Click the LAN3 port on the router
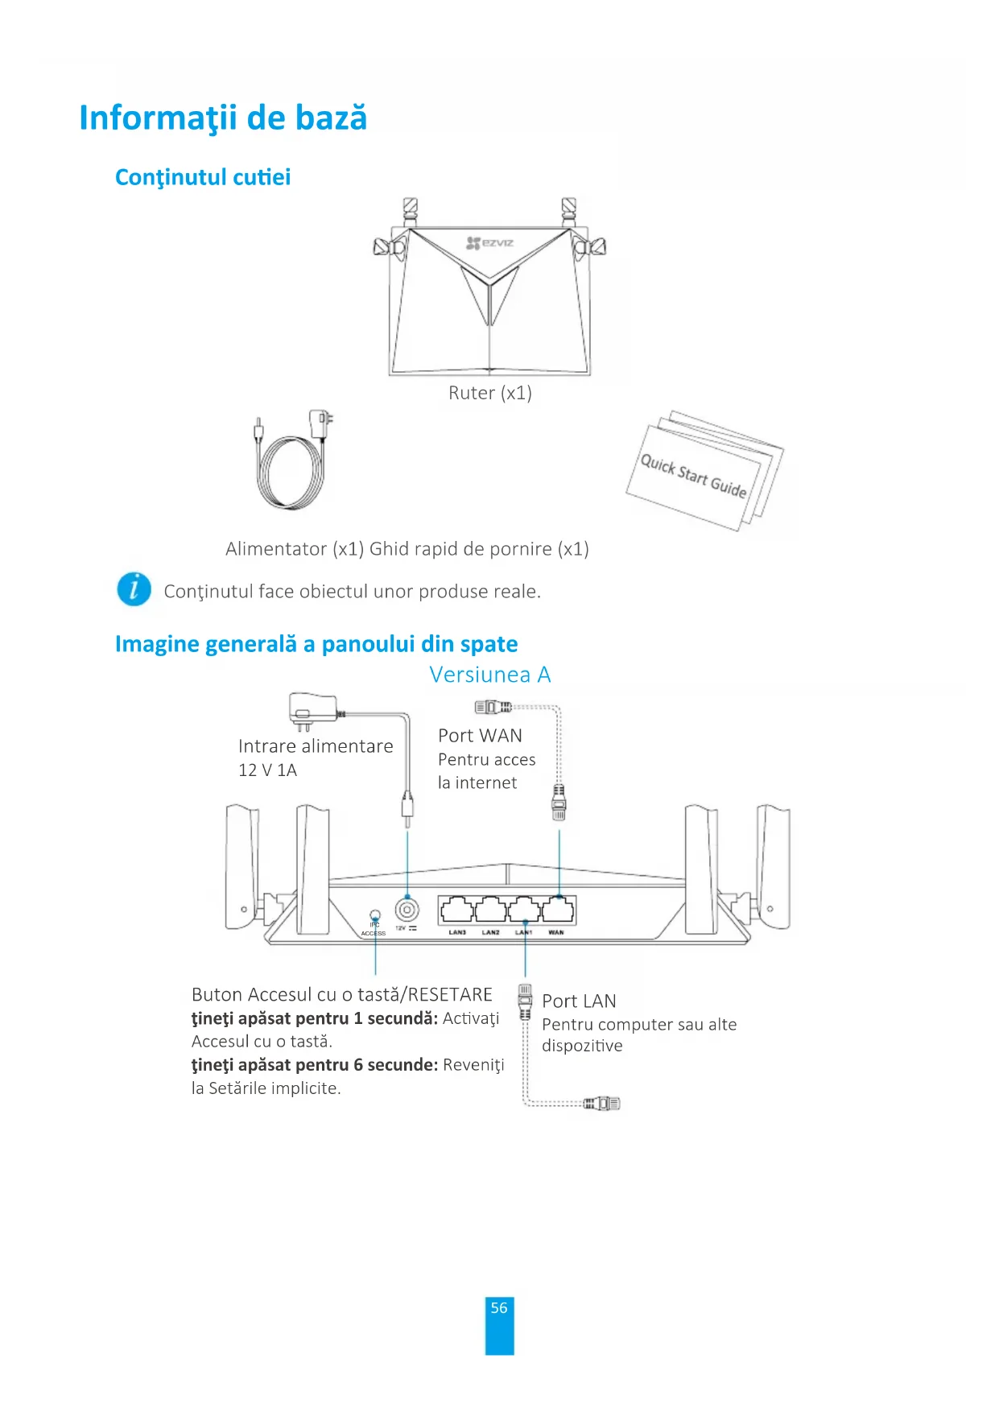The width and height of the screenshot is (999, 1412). point(457,910)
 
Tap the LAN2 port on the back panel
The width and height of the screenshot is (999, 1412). point(491,910)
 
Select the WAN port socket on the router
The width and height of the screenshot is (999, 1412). point(558,910)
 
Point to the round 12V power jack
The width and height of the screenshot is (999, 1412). point(407,910)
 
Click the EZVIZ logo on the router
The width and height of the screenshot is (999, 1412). point(490,242)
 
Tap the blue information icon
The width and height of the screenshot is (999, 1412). point(134,589)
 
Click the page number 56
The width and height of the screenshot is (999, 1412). point(499,1308)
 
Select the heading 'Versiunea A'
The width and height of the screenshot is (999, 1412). point(489,675)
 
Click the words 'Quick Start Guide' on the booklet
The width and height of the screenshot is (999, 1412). point(693,476)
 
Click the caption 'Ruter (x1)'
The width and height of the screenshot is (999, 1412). point(489,393)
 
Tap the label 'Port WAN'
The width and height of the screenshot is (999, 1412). point(480,736)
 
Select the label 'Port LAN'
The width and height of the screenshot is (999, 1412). point(579,1001)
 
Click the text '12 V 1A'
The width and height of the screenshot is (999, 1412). point(267,770)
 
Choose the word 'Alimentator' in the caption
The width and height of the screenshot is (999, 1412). point(276,549)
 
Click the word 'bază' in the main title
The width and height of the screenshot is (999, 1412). point(331,118)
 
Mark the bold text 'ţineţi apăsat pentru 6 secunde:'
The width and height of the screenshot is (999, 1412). point(315,1065)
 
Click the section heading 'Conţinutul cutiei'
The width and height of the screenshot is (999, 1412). point(203,177)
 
